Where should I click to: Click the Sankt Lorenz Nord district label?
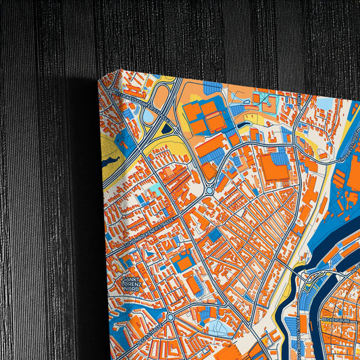point(132,284)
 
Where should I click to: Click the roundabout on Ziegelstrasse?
point(170,316)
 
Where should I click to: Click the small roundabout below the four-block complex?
point(210,191)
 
